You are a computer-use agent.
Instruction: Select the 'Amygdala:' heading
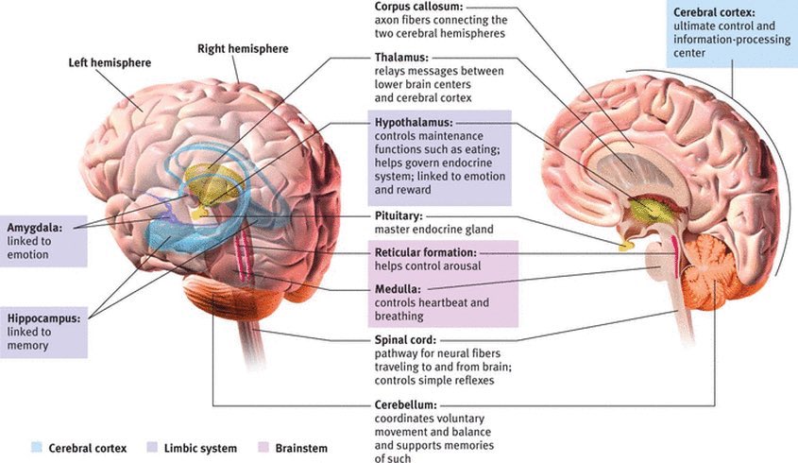(38, 229)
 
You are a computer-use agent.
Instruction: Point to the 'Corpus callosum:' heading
(420, 7)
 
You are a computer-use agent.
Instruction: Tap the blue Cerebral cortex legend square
(35, 447)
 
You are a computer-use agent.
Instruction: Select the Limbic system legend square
(154, 447)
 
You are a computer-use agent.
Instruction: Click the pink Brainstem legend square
(263, 447)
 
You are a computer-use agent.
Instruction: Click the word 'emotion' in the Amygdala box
(28, 255)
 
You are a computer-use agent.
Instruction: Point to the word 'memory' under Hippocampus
(28, 347)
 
